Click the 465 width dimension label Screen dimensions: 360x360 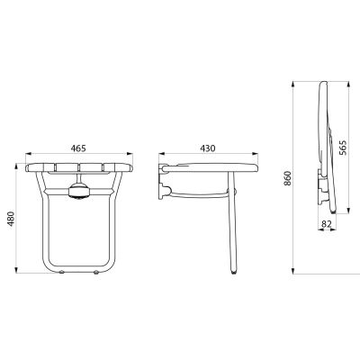point(78,148)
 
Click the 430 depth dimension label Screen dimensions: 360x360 point(208,148)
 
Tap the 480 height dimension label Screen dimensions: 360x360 point(11,219)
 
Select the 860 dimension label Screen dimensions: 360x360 point(288,178)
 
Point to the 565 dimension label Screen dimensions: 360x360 point(342,148)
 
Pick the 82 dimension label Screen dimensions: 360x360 point(327,223)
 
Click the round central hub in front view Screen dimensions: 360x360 point(79,191)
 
